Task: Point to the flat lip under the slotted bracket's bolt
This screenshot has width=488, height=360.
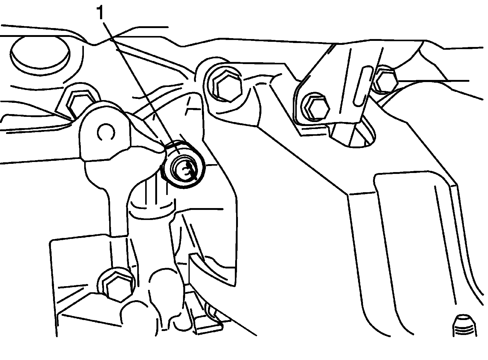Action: click(x=314, y=130)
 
